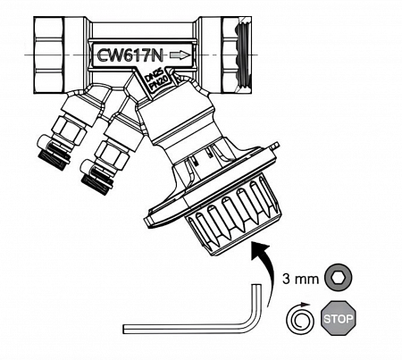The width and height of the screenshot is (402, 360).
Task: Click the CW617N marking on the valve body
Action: tap(130, 55)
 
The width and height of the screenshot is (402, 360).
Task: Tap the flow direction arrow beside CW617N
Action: tap(180, 55)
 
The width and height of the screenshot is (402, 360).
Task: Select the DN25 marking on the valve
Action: tap(154, 76)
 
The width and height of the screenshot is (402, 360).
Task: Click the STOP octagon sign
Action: tap(338, 318)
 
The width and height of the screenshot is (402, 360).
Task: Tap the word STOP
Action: tap(338, 319)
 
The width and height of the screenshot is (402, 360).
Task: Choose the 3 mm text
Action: tap(300, 279)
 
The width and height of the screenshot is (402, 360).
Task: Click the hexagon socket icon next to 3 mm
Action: tap(339, 278)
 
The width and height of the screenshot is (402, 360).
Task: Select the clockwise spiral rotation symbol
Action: tap(299, 319)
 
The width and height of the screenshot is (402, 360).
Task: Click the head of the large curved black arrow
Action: tap(260, 250)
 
